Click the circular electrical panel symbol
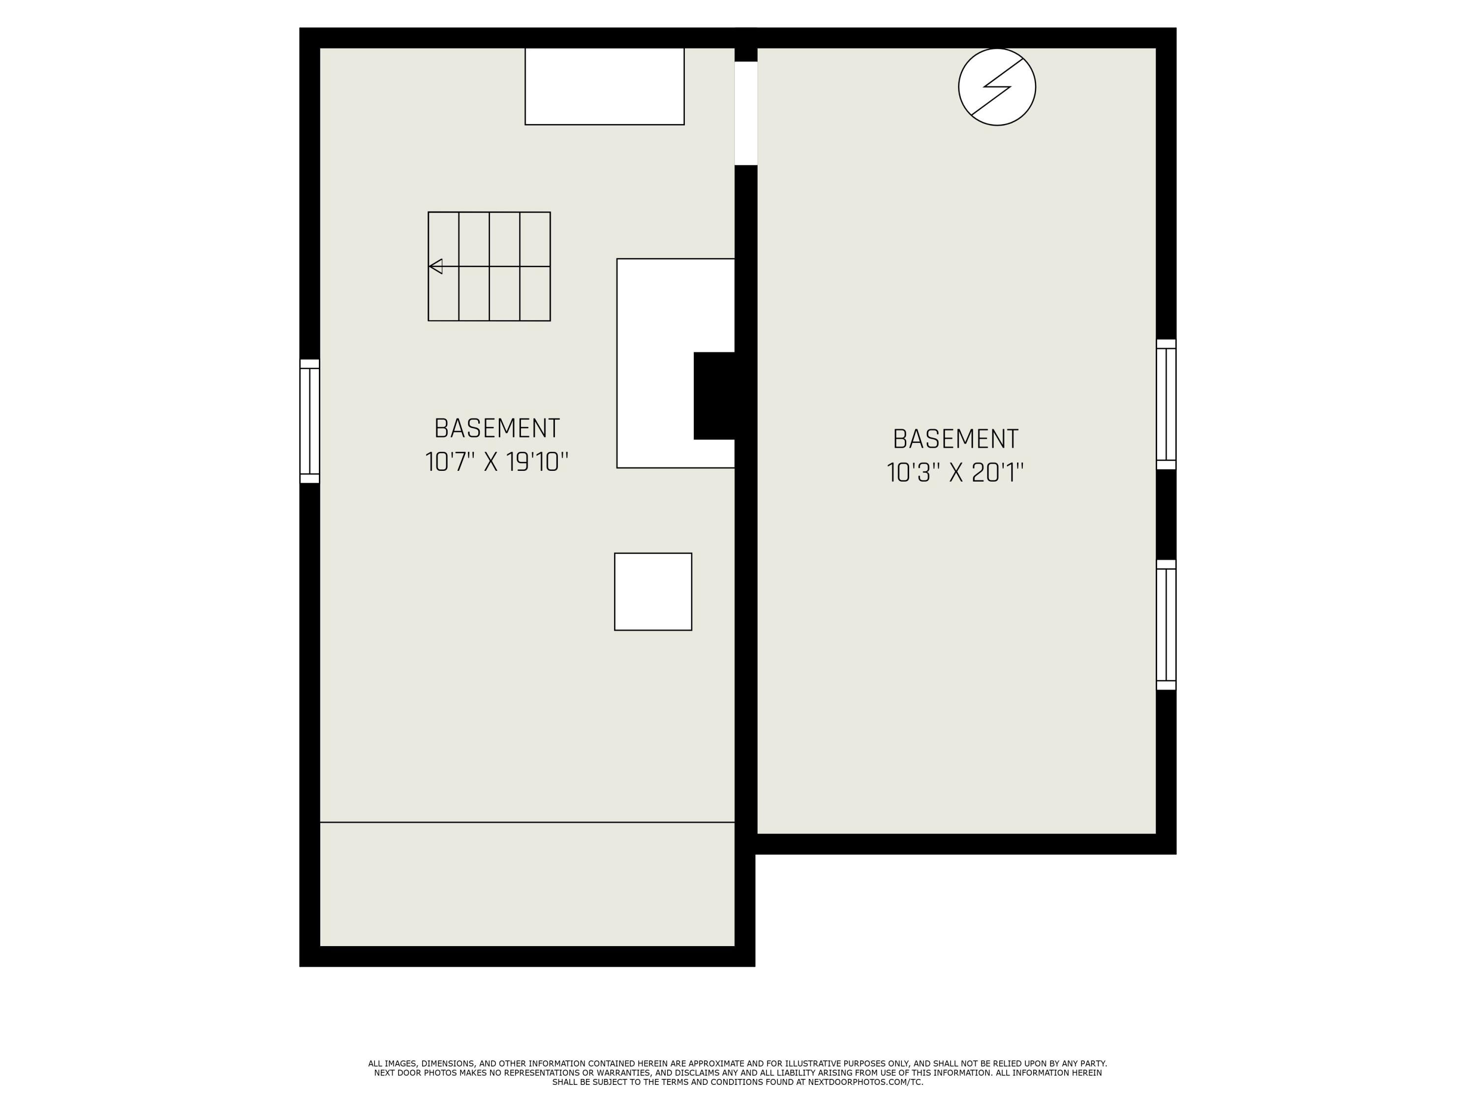coord(997,87)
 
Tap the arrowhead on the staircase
coord(435,266)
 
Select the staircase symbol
coord(489,266)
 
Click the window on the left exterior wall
coord(309,421)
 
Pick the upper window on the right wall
coord(1166,404)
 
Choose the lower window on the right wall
coord(1166,624)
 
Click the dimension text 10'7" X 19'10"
coord(497,462)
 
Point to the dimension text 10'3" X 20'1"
coord(955,472)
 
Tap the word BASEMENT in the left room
coord(497,429)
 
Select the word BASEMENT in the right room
coord(955,439)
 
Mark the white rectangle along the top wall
coord(605,86)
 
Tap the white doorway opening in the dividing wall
coord(746,114)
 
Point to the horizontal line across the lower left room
coord(527,822)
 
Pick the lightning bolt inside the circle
coord(997,87)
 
